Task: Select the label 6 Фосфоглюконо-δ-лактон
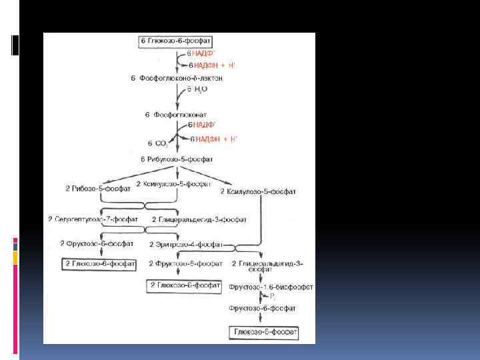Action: (176, 78)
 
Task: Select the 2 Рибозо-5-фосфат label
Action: (93, 189)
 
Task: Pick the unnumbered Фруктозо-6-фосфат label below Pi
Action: (262, 309)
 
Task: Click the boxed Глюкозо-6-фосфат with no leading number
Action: (264, 331)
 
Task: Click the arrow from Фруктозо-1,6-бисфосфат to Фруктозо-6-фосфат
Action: (261, 297)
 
